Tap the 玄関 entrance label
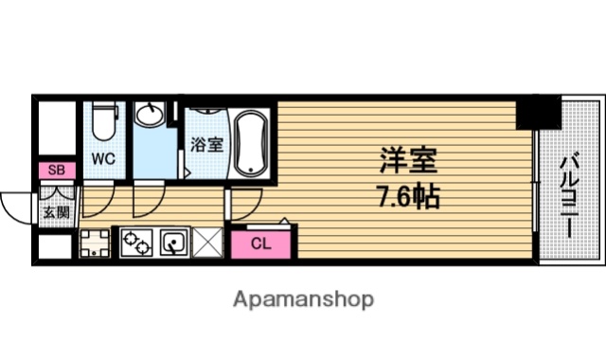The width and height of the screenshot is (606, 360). pyautogui.click(x=56, y=212)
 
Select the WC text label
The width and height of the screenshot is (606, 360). pyautogui.click(x=103, y=159)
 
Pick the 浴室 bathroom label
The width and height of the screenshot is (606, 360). pyautogui.click(x=207, y=146)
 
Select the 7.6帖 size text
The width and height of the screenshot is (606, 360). pyautogui.click(x=406, y=199)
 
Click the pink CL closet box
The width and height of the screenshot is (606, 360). pyautogui.click(x=261, y=243)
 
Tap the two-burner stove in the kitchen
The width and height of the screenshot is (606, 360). pyautogui.click(x=134, y=244)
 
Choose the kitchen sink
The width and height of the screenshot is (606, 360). pyautogui.click(x=173, y=243)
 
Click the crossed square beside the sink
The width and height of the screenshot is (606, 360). pyautogui.click(x=207, y=243)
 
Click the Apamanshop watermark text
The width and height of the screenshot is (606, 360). pyautogui.click(x=303, y=300)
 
